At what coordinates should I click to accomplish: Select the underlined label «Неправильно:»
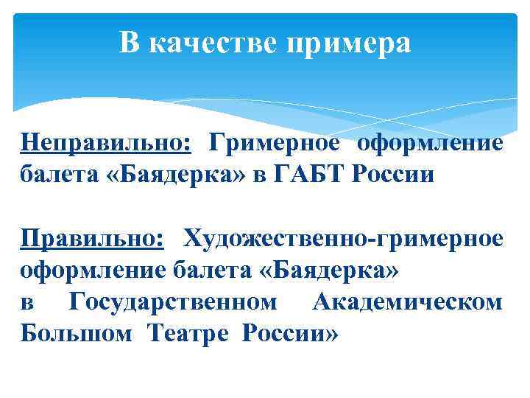[x=106, y=142]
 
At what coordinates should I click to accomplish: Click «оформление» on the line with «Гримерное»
[x=431, y=142]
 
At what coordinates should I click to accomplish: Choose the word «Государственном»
[x=173, y=302]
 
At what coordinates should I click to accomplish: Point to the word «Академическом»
[x=408, y=302]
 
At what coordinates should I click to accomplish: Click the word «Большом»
[x=77, y=334]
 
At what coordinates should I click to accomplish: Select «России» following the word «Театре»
[x=289, y=334]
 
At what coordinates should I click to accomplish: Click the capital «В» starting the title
[x=130, y=43]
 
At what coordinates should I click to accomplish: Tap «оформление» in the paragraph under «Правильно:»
[x=93, y=270]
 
